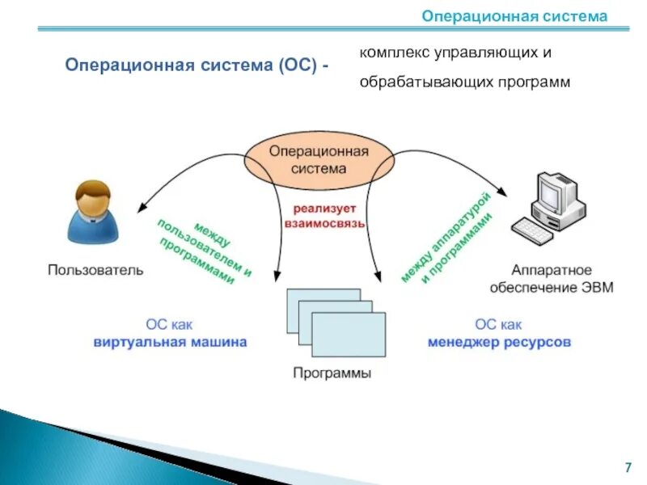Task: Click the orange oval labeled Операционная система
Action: pos(319,159)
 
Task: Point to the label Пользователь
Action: pos(95,270)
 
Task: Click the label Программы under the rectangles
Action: pos(332,373)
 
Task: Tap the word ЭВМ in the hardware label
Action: pos(597,288)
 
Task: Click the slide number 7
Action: pos(628,467)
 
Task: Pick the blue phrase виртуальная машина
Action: pos(169,342)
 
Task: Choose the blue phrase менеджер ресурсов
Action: pos(499,342)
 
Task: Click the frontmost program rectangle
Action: pos(349,334)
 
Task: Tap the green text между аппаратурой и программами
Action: pos(446,238)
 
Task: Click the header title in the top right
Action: pos(514,16)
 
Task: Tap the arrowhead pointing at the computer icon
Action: pos(505,195)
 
